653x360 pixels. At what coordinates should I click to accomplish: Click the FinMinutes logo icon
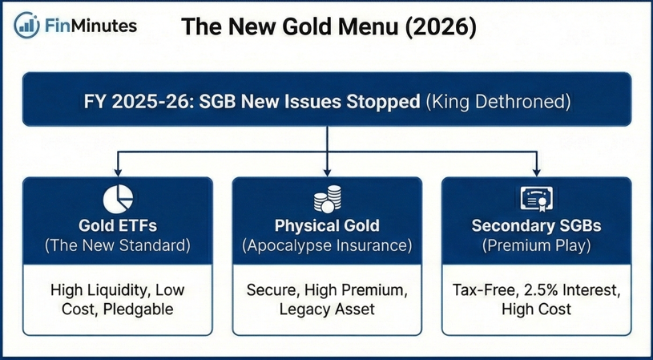28,25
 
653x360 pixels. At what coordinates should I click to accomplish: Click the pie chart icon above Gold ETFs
118,199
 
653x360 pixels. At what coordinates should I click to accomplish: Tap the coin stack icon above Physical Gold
327,199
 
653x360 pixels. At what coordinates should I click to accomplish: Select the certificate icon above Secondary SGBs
536,198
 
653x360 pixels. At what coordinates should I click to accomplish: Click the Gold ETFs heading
118,225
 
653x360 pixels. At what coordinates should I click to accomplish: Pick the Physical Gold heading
326,225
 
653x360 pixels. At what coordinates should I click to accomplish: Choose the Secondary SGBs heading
536,225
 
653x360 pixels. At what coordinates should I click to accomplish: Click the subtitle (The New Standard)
118,246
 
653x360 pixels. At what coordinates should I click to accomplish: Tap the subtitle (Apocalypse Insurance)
326,246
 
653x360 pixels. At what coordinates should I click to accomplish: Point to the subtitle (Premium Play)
536,246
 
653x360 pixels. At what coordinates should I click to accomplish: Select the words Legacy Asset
326,309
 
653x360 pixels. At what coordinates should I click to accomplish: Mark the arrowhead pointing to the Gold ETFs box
118,172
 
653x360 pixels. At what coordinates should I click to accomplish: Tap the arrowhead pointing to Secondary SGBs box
536,172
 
